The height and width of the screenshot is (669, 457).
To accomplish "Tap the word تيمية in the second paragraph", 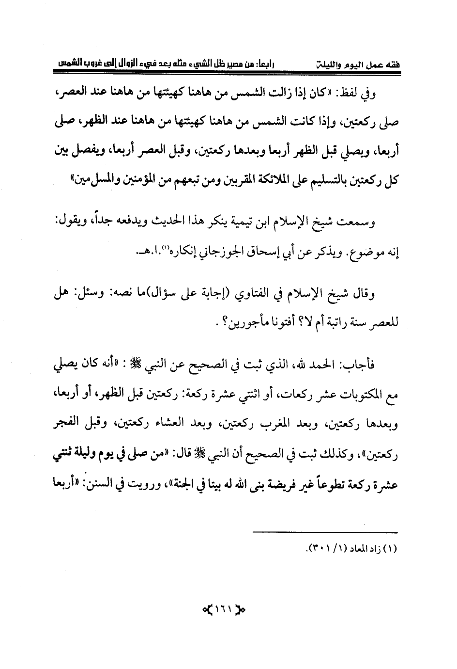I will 249,223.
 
